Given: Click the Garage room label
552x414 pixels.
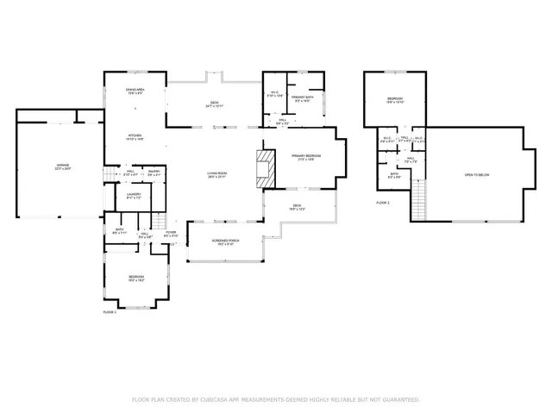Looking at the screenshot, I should click(63, 166).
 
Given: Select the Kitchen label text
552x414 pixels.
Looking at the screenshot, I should click(135, 136).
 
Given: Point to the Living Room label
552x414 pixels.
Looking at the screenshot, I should click(216, 175).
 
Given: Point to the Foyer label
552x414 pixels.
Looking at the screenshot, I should click(171, 233).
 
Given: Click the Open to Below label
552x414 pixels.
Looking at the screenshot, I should click(476, 175).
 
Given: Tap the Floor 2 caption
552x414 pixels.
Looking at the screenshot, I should click(383, 203).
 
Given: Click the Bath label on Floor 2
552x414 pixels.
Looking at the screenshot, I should click(394, 175).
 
